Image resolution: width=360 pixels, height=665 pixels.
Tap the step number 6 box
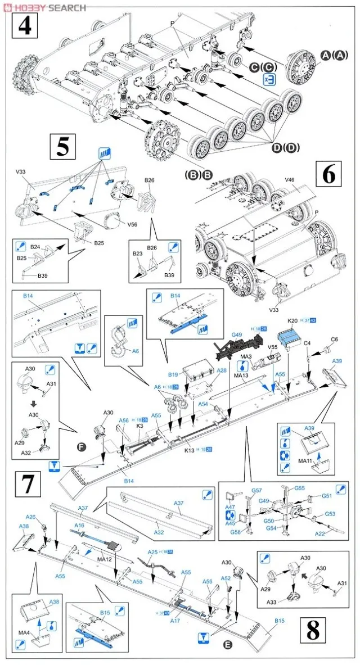tap(329, 175)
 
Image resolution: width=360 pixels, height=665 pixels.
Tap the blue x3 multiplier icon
tap(270, 79)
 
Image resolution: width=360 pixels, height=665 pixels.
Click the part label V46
tap(290, 181)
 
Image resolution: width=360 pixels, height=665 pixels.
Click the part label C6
tap(334, 339)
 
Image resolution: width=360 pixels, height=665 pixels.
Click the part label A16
tap(79, 524)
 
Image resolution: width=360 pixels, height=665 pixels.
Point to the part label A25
tap(152, 553)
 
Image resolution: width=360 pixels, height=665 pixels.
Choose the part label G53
tap(330, 513)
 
